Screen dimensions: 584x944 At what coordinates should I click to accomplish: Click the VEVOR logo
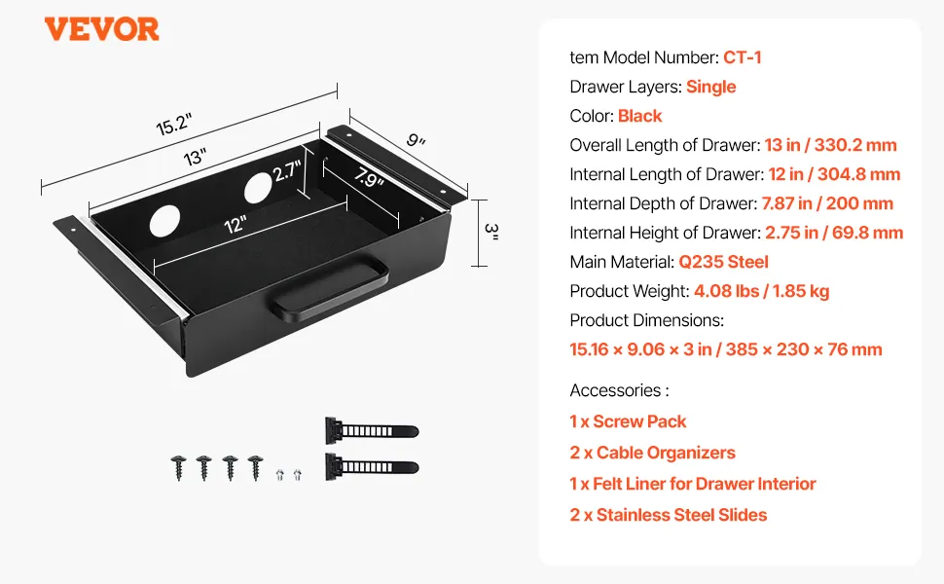click(x=101, y=29)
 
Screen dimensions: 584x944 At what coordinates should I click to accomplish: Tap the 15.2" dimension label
click(x=174, y=126)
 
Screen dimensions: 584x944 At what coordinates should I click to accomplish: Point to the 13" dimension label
click(x=196, y=157)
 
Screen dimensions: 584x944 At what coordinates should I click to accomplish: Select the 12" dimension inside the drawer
click(x=235, y=225)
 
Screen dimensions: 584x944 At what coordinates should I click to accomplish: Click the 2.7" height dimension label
click(x=286, y=172)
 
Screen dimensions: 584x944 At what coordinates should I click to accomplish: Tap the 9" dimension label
click(x=417, y=140)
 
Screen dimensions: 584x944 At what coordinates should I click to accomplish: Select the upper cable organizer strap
click(x=370, y=429)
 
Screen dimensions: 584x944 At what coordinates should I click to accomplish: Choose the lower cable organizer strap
click(x=370, y=464)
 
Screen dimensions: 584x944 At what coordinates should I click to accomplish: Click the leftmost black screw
click(x=179, y=467)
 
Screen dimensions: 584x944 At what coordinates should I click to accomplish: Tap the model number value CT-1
click(x=742, y=57)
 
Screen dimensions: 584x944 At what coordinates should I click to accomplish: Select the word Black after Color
click(x=639, y=116)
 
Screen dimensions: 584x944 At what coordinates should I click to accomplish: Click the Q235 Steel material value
click(x=725, y=262)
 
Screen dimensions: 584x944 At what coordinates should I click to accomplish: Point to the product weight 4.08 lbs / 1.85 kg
click(x=761, y=291)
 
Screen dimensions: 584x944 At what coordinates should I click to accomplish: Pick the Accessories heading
click(x=619, y=390)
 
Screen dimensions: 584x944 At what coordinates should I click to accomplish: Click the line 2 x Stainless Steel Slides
click(x=668, y=515)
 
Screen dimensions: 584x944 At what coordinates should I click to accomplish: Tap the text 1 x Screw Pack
click(x=628, y=421)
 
